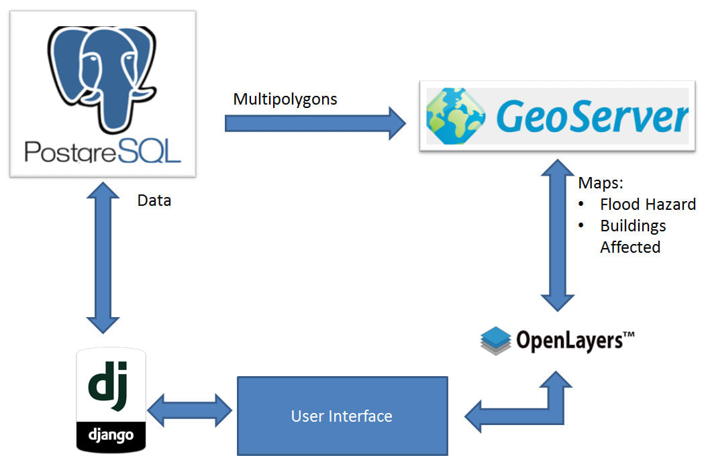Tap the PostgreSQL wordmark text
click(x=103, y=151)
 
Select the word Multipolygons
click(x=285, y=100)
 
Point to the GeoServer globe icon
click(x=456, y=115)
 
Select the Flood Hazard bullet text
click(x=647, y=204)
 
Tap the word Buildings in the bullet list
click(x=633, y=225)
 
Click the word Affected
click(x=630, y=247)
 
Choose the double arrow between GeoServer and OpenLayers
click(x=556, y=235)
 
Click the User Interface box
click(x=342, y=416)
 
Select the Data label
click(x=154, y=200)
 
